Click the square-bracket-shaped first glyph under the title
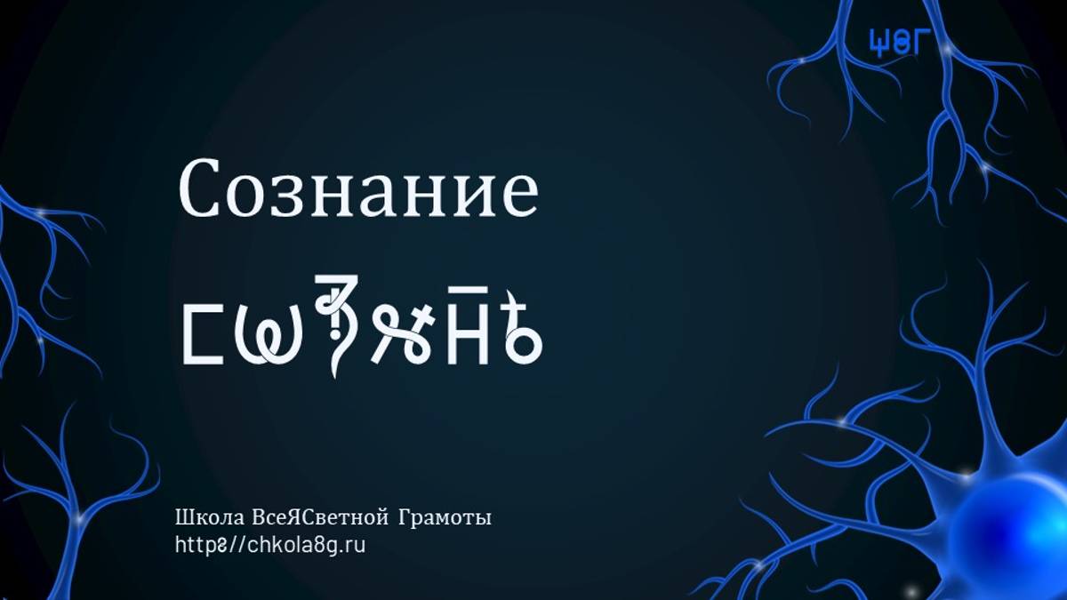tap(202, 335)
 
